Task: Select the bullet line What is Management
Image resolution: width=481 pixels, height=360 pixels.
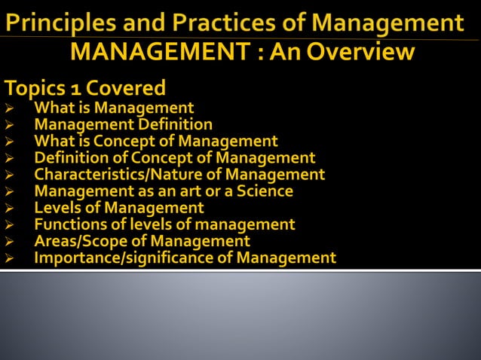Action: pyautogui.click(x=114, y=108)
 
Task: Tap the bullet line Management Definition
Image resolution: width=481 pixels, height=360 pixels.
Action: pyautogui.click(x=123, y=125)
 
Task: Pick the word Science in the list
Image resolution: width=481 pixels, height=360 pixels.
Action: pyautogui.click(x=265, y=191)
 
